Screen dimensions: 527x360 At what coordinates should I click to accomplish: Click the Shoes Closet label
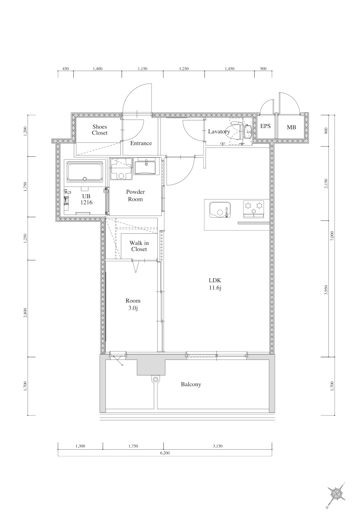100,130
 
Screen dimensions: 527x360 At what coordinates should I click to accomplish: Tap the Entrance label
141,143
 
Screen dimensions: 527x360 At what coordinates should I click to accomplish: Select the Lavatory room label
219,132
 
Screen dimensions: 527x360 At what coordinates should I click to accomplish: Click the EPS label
265,127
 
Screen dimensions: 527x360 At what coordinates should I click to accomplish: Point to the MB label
291,128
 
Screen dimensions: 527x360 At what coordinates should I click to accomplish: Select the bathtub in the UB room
85,172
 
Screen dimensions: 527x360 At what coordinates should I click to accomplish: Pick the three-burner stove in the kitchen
253,208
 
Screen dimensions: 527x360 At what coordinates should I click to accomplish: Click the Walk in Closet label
139,246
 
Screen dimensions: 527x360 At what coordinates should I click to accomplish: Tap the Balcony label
191,384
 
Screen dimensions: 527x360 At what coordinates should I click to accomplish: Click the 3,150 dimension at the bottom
218,446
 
